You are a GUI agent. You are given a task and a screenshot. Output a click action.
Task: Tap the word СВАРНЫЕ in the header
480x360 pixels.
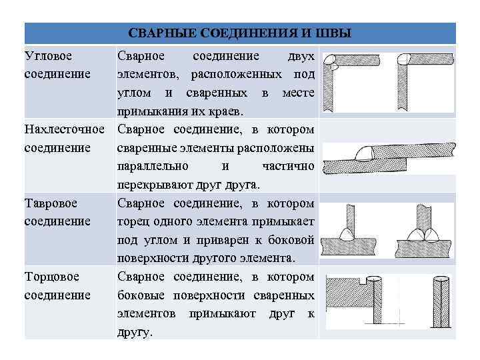click(x=154, y=33)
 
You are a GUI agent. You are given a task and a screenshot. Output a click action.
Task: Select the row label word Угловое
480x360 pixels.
click(x=49, y=55)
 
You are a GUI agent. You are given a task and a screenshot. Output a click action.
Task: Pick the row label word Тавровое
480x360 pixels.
click(x=51, y=202)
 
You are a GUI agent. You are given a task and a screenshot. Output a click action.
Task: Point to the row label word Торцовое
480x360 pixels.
click(x=51, y=275)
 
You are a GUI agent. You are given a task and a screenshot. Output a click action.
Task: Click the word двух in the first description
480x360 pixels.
click(x=301, y=55)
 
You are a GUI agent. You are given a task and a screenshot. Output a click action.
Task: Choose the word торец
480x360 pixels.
click(x=134, y=221)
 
